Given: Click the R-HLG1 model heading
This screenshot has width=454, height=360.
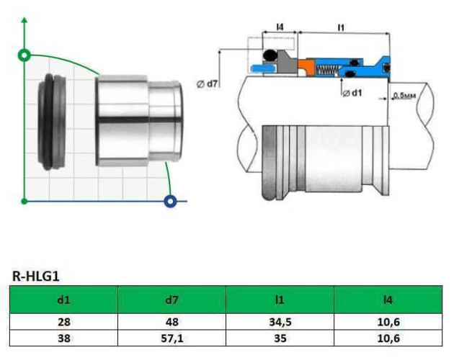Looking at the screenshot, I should pos(37,275).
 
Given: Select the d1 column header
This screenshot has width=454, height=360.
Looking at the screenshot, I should pos(63,299).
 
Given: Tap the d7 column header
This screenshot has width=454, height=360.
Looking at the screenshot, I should pos(172,299).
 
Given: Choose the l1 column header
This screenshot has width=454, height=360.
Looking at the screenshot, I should pos(280,299).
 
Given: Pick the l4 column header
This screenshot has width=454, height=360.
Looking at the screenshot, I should pos(388,299).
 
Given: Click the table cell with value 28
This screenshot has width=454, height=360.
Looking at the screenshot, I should pos(63,321).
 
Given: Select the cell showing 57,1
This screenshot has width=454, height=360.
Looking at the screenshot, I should pos(172,337).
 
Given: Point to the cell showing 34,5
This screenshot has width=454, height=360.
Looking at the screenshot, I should pos(280,321).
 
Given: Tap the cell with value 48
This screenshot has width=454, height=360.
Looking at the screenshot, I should pos(172,321).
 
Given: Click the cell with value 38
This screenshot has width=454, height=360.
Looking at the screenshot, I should pos(63,337).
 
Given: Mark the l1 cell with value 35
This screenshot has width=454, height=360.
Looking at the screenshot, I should pos(280,337).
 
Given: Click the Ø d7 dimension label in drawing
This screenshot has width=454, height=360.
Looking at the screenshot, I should pos(208,84).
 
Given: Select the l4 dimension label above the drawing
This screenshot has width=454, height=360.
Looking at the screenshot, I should pos(280,27).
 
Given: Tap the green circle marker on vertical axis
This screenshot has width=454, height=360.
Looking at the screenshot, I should pos(25,55).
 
